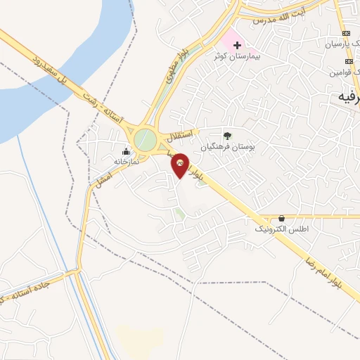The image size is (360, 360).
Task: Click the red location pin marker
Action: (179, 165)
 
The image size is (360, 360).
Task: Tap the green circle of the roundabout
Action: (146, 139)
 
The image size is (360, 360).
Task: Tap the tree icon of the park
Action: (226, 136)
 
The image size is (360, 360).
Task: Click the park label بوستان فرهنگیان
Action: (227, 147)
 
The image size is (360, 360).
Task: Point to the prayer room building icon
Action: (127, 151)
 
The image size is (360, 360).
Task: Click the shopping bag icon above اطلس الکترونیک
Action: (281, 219)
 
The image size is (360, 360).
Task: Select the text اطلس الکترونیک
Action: (281, 229)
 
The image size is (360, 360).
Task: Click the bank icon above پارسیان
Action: (345, 33)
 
